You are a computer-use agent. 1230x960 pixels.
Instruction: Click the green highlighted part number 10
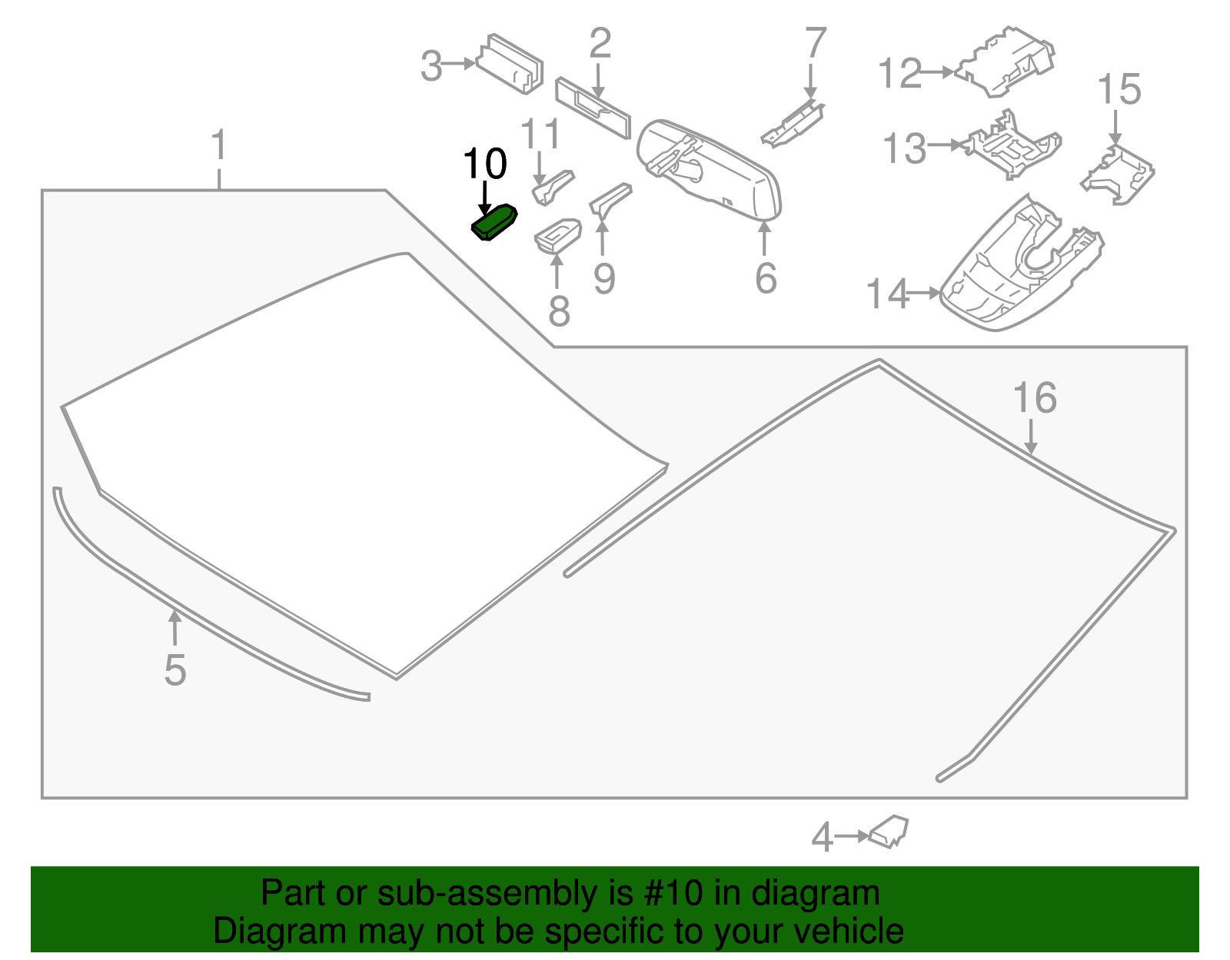tap(494, 222)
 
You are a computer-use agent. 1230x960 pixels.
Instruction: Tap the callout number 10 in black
tap(485, 164)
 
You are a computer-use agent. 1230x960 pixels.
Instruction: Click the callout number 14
tap(887, 294)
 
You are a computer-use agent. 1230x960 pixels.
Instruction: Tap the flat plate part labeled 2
tap(593, 108)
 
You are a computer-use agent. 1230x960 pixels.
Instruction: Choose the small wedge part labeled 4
tap(889, 832)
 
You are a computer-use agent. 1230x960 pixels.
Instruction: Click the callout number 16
tap(1035, 398)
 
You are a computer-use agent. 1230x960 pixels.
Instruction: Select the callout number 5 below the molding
tap(175, 670)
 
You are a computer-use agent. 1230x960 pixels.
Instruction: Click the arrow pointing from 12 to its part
tap(938, 72)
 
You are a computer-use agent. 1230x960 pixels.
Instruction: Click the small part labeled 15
tap(1118, 176)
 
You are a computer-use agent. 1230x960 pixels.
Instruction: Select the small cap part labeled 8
tap(557, 234)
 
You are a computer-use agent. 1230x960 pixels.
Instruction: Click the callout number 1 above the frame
tap(219, 145)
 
